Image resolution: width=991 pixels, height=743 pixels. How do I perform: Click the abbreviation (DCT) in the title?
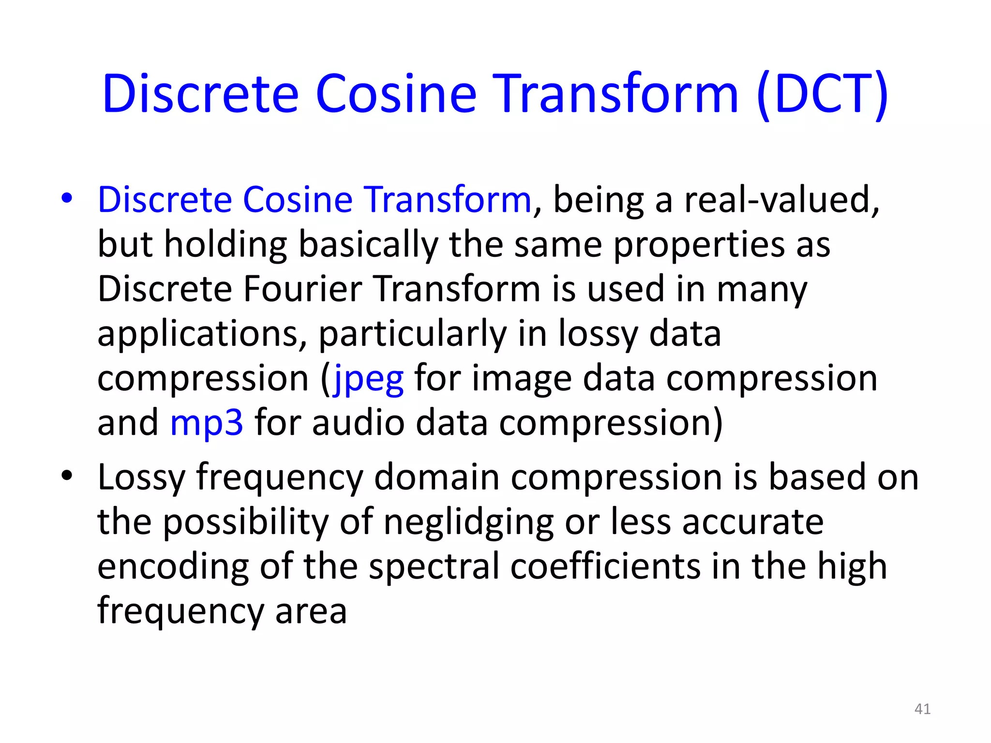coord(823,94)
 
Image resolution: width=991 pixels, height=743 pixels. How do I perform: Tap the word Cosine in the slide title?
coord(396,94)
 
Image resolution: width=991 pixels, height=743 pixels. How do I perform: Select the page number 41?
coord(922,709)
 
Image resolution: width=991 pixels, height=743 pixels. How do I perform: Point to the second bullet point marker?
coord(67,476)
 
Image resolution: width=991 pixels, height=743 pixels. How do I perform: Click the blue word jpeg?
coord(369,380)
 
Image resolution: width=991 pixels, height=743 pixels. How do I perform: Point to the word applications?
coord(202,335)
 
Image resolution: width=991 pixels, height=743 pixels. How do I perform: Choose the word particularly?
coord(412,335)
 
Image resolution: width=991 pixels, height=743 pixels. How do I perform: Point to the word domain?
coord(436,478)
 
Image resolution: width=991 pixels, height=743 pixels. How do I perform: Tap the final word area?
coord(311,611)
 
